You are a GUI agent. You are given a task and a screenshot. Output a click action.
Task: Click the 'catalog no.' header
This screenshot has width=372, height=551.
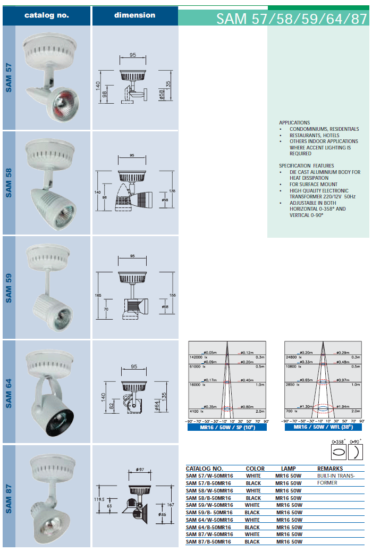(46, 15)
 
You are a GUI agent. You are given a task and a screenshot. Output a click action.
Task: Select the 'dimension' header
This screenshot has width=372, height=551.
(134, 15)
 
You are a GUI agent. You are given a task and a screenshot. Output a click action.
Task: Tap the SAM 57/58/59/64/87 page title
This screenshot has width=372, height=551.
(291, 19)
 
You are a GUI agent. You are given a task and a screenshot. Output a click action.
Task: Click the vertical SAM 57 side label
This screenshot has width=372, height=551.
(9, 78)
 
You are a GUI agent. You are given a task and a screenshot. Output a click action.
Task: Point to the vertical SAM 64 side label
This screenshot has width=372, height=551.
(9, 392)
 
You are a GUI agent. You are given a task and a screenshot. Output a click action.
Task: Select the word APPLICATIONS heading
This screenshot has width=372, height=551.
(294, 123)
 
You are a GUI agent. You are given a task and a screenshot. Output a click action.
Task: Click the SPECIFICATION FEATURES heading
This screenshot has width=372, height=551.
(306, 166)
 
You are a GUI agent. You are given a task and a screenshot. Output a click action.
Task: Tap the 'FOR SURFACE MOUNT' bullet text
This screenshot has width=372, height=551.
(314, 185)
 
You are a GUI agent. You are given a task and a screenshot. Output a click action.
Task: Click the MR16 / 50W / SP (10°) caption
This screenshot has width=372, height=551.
(227, 427)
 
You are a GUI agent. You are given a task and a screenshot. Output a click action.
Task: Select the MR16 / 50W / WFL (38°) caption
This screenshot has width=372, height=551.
(323, 427)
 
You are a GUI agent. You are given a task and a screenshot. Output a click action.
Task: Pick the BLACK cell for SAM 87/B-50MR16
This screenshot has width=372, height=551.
(252, 541)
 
